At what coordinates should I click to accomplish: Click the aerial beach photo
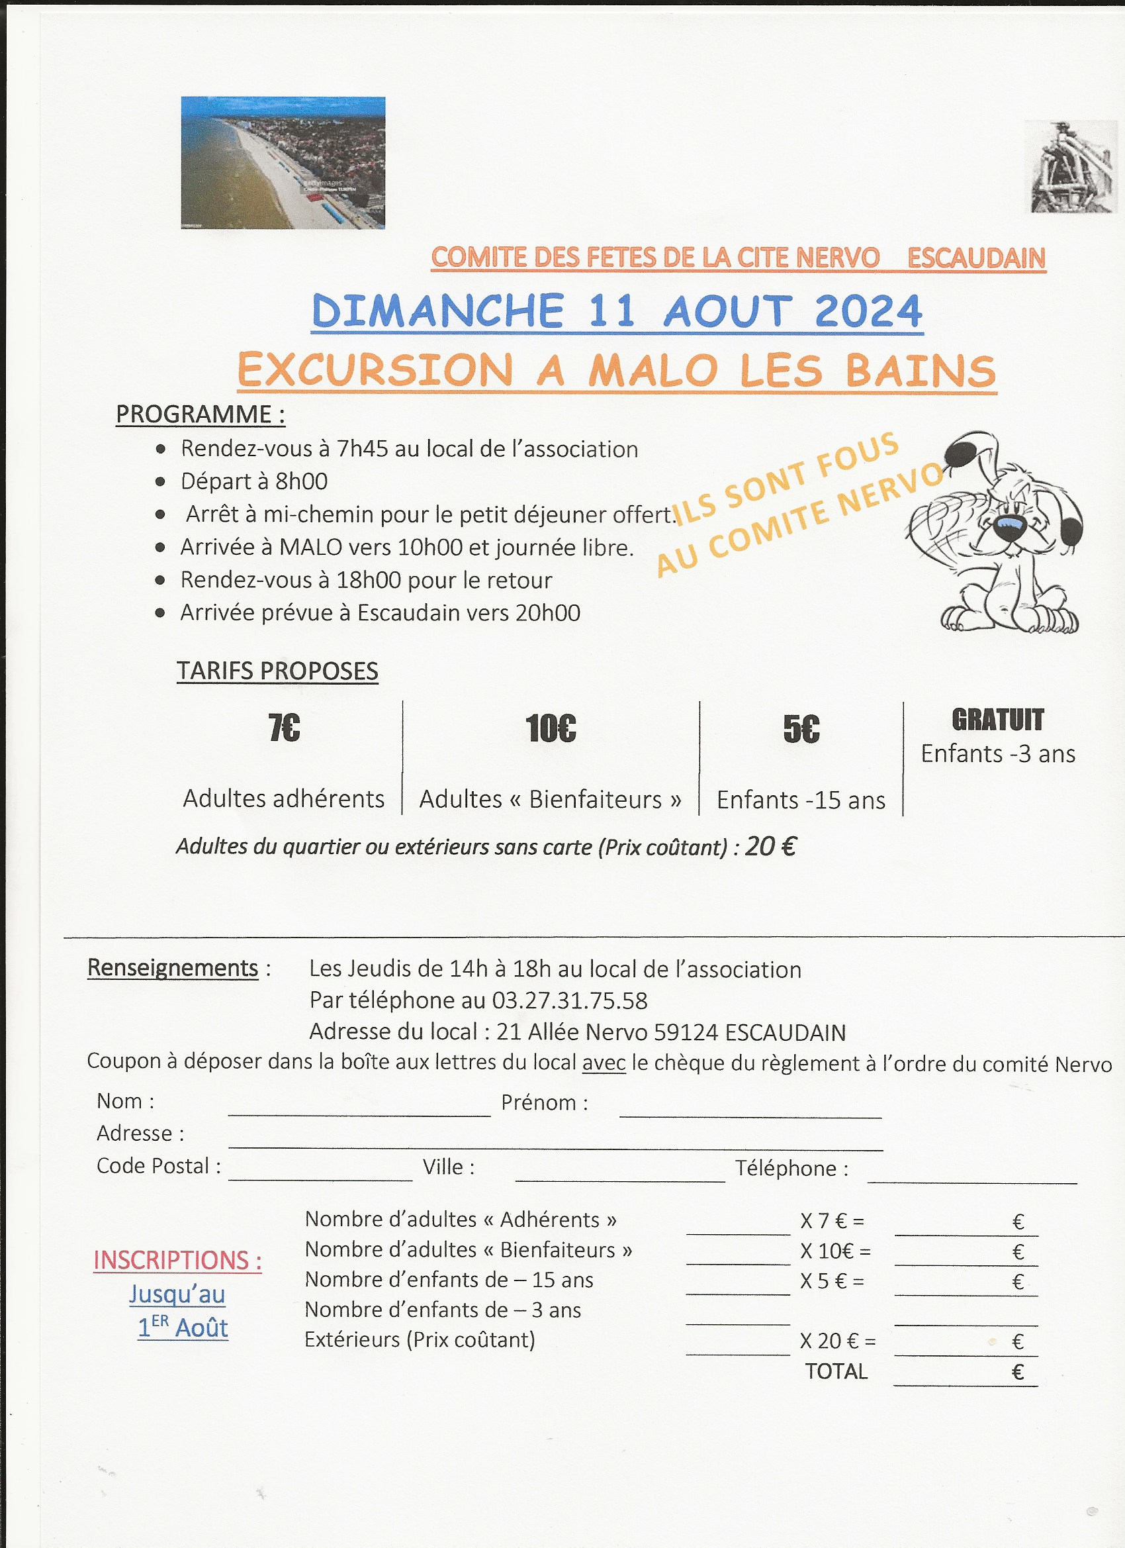[283, 162]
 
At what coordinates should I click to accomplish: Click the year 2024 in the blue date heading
[868, 311]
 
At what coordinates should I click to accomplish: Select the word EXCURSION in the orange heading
[375, 371]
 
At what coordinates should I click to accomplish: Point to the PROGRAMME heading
[200, 414]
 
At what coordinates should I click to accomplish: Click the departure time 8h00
[302, 481]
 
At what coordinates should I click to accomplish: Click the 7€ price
[284, 728]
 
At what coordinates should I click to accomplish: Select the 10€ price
[551, 728]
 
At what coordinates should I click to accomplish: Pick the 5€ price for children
[801, 729]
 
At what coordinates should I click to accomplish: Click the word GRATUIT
[997, 720]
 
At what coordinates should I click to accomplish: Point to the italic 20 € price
[770, 846]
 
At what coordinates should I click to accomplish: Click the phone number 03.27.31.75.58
[570, 1000]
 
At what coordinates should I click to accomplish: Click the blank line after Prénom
[750, 1110]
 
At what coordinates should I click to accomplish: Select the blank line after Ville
[619, 1174]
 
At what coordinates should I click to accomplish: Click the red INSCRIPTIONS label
[177, 1260]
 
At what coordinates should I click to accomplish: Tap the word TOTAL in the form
[836, 1371]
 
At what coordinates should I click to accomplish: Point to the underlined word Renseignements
[173, 968]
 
